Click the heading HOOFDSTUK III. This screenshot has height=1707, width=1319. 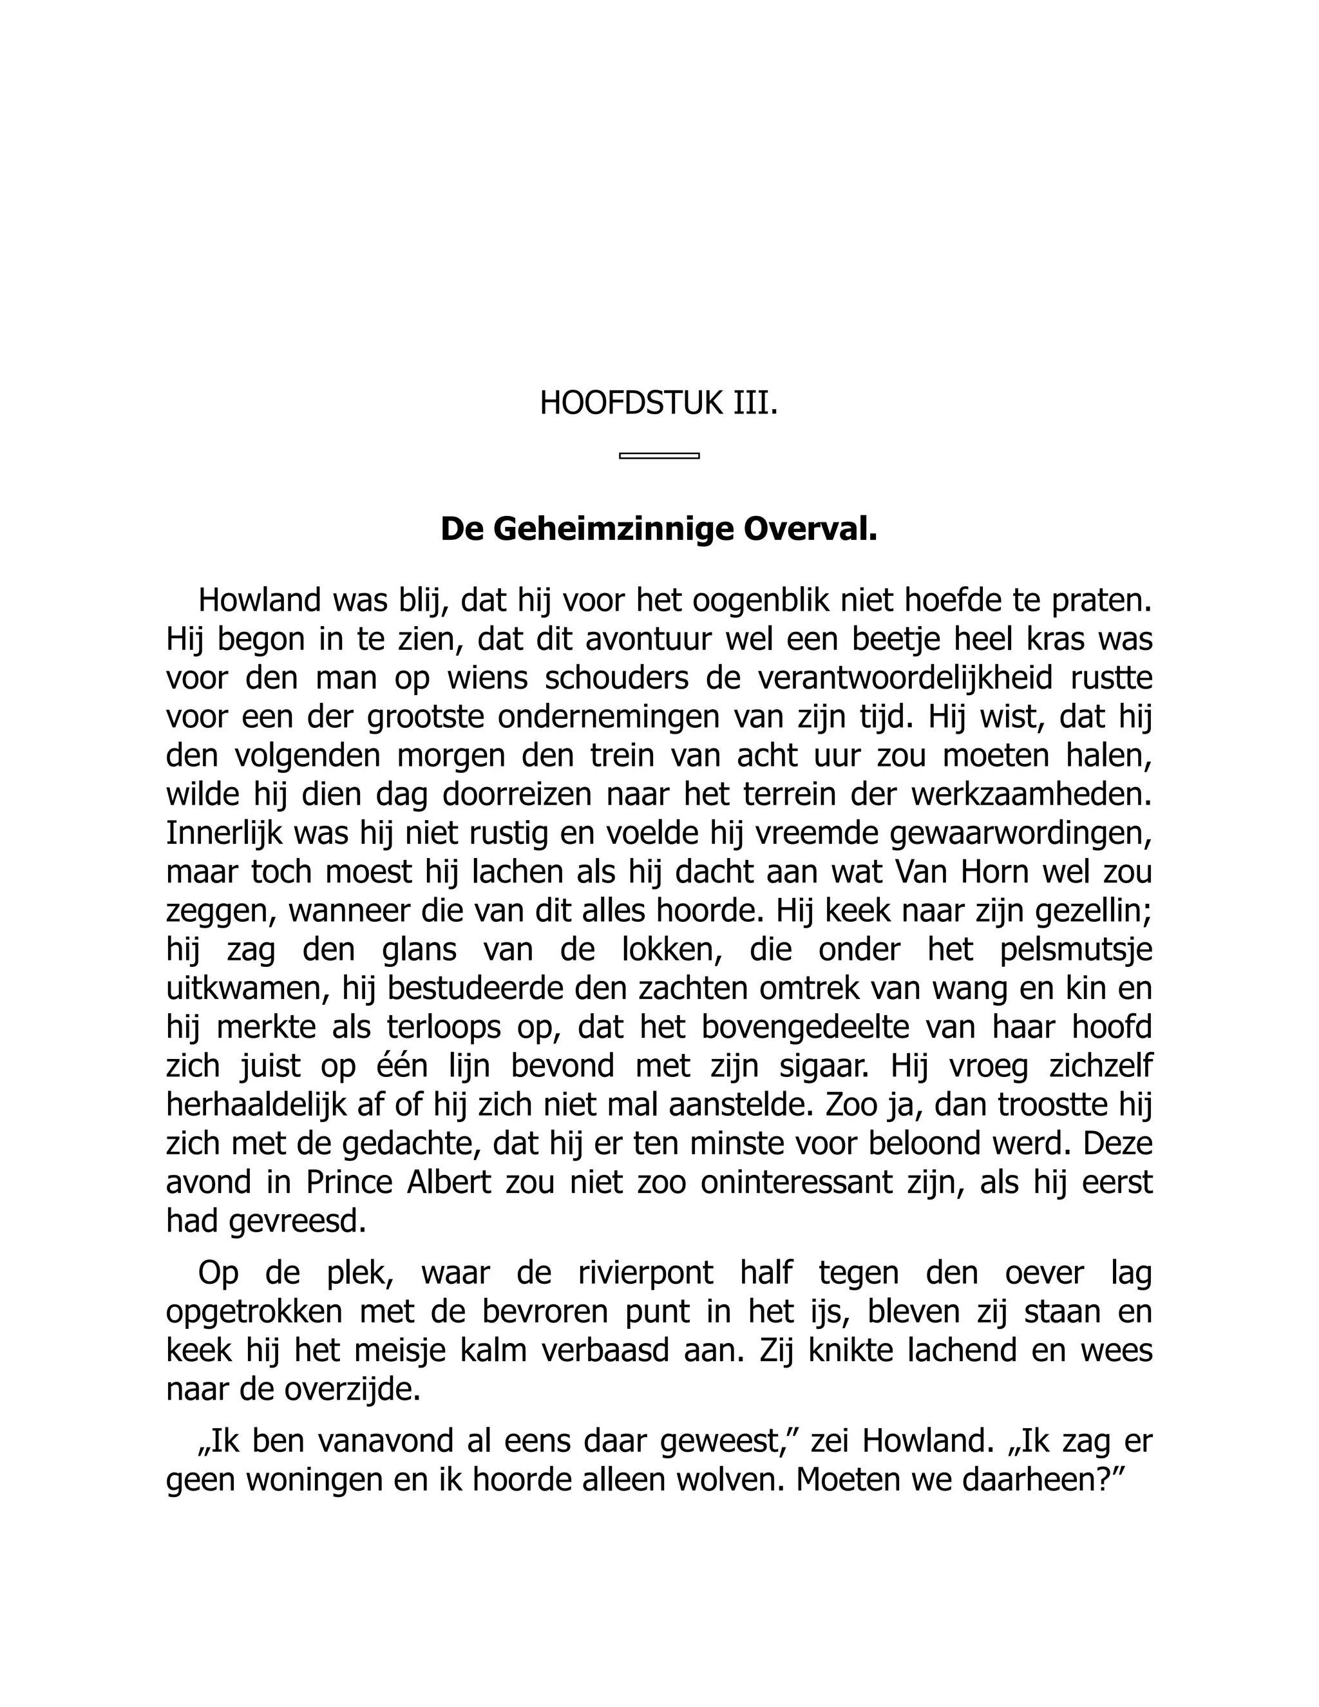click(x=659, y=404)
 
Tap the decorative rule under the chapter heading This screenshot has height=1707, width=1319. click(x=659, y=455)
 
